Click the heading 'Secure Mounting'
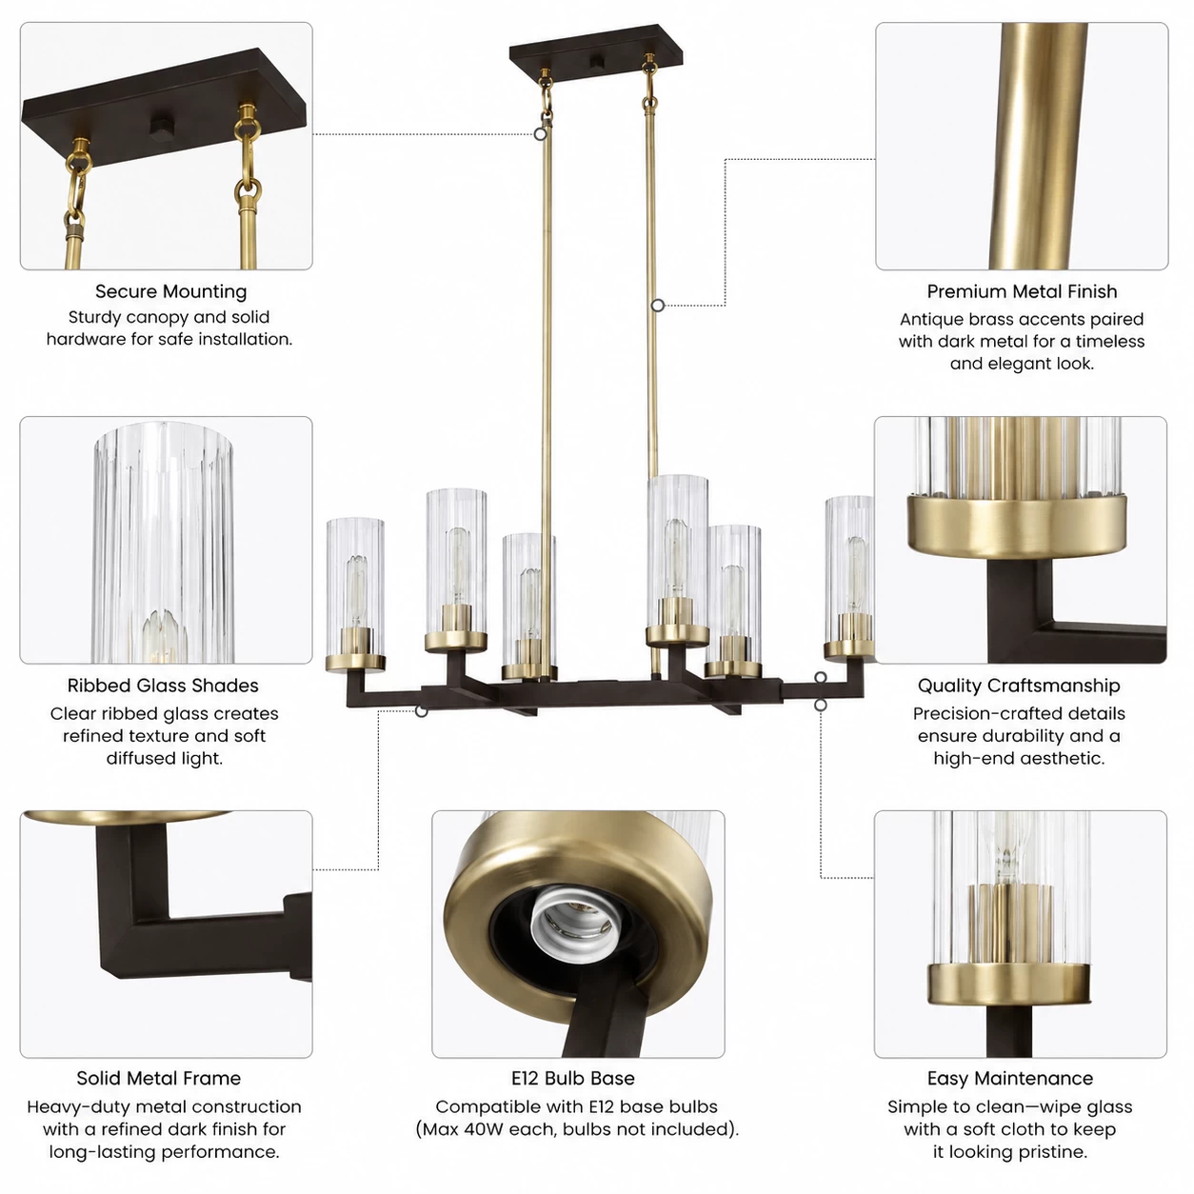(170, 291)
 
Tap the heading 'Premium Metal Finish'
(1021, 291)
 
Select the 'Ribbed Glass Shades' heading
(163, 686)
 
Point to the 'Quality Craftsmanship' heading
(1019, 686)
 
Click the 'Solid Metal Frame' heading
(159, 1078)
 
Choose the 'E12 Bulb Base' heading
(573, 1078)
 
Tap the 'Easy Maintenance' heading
(1010, 1078)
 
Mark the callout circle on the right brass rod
(658, 305)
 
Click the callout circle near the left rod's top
(540, 134)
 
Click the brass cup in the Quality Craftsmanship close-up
(1017, 525)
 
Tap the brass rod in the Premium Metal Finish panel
(1038, 147)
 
